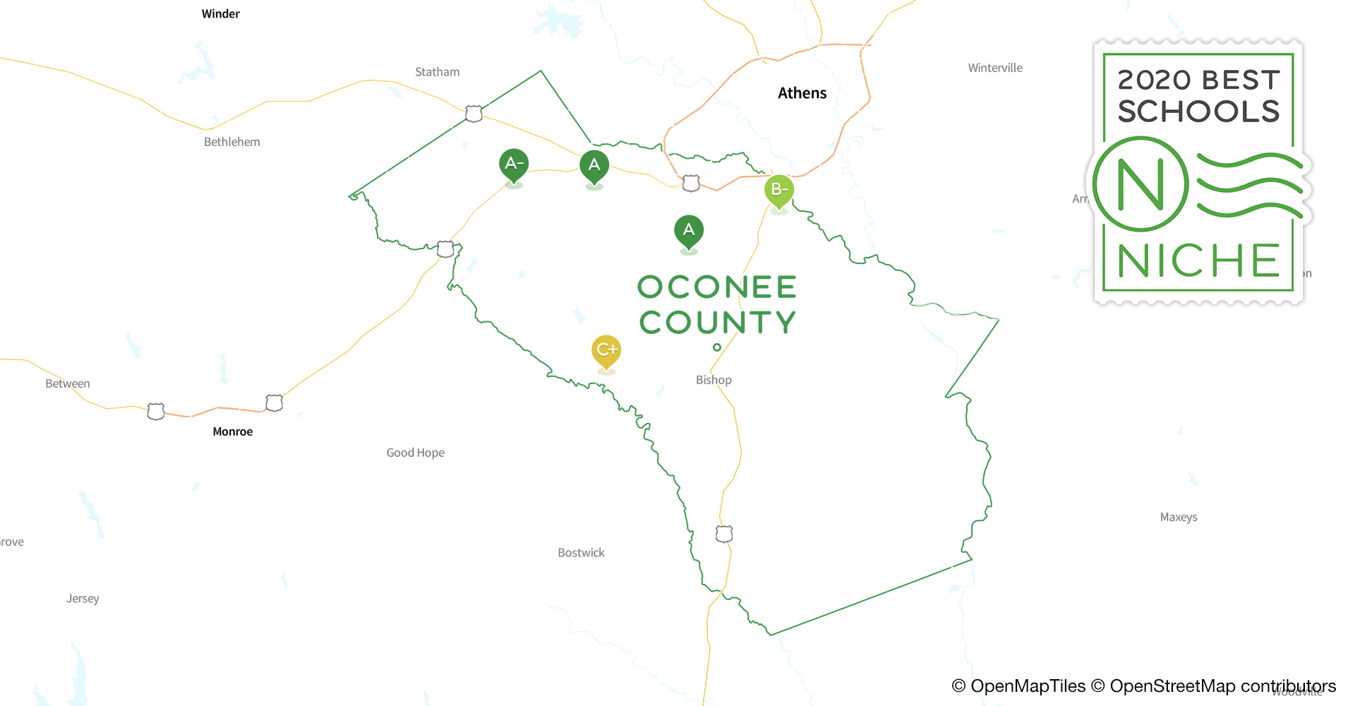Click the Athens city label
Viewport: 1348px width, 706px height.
(x=802, y=93)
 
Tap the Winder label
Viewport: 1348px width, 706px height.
(x=220, y=14)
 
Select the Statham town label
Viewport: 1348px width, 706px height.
(x=437, y=72)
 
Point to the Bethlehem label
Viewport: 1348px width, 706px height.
(x=231, y=142)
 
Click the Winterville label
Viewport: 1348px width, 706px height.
(x=994, y=68)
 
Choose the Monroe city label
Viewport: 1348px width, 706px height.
(x=232, y=431)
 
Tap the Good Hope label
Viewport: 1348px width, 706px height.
(x=415, y=453)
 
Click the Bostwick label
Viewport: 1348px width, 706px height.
(x=581, y=553)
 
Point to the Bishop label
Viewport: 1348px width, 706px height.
(x=714, y=380)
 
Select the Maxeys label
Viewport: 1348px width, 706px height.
(x=1178, y=517)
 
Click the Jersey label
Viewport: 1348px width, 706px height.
(x=83, y=599)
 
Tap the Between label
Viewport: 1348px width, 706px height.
(x=67, y=384)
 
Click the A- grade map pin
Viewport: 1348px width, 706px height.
(x=514, y=164)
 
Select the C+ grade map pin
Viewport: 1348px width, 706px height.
(x=606, y=349)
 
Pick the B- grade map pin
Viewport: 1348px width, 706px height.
(x=779, y=190)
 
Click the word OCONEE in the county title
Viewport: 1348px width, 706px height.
(x=717, y=287)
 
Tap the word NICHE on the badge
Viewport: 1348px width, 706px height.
(x=1198, y=261)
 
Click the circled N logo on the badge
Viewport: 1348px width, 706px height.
(x=1141, y=184)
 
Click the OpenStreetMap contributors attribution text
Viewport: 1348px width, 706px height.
(x=1222, y=686)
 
